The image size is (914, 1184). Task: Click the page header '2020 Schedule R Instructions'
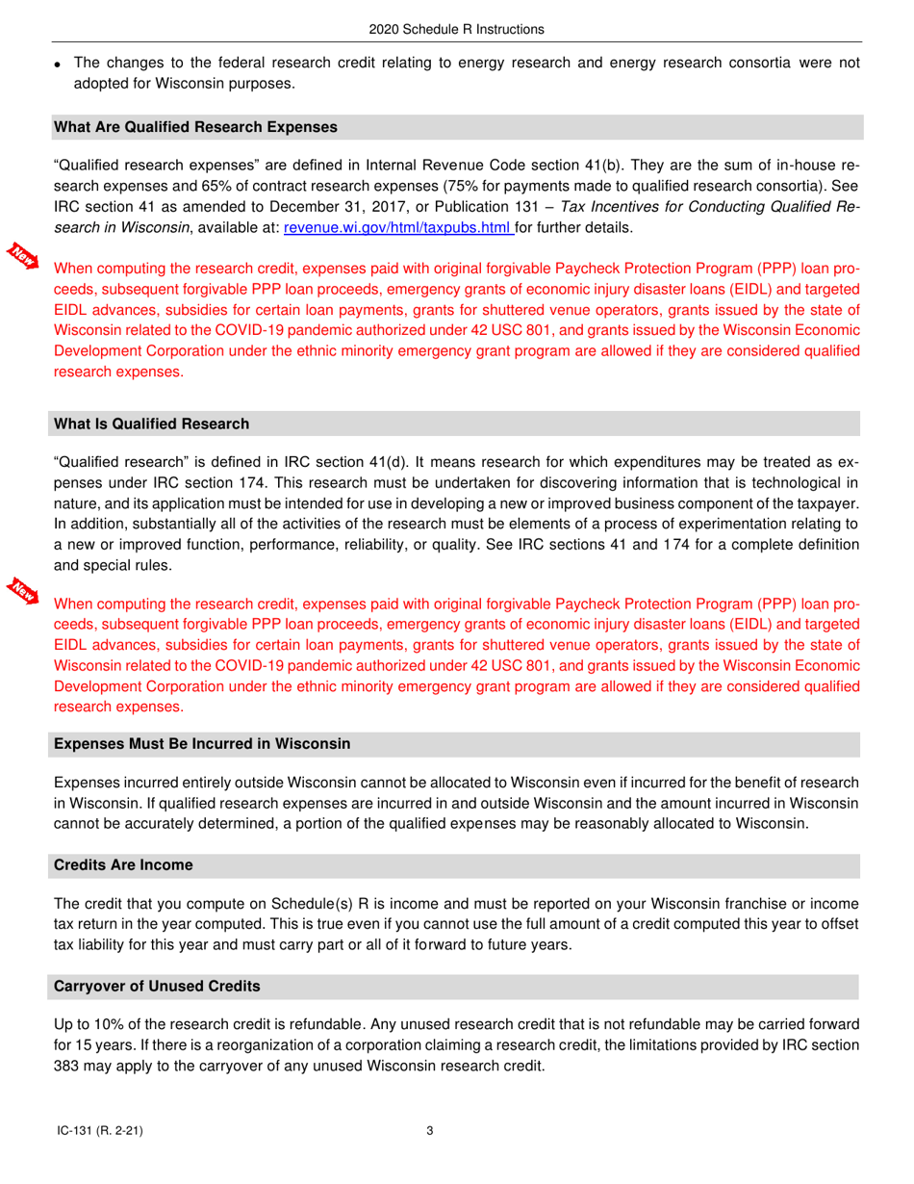[x=456, y=30]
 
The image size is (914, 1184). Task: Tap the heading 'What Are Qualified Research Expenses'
[x=196, y=126]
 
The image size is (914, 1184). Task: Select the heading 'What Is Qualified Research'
[x=152, y=424]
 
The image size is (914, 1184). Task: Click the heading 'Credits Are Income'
[x=124, y=865]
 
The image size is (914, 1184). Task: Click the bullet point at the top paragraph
[x=60, y=64]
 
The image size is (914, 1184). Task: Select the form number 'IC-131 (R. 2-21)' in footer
[x=100, y=1132]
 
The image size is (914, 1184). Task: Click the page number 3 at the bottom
[x=430, y=1132]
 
